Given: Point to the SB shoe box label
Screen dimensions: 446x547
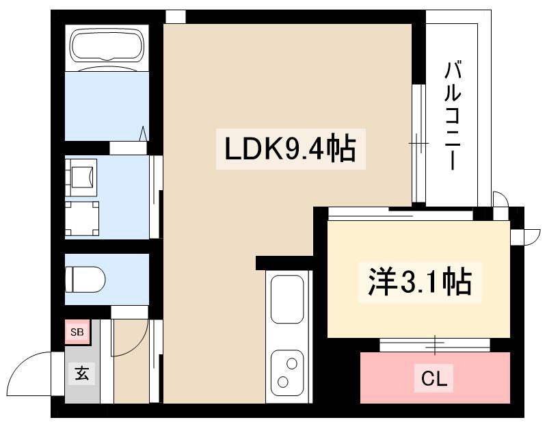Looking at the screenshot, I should click(77, 332).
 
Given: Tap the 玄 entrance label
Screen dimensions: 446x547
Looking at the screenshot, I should click(81, 373).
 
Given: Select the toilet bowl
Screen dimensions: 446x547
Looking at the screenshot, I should click(85, 279).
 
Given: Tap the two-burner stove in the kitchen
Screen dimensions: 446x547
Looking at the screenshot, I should click(287, 373).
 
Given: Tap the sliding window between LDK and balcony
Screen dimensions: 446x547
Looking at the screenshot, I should click(418, 144).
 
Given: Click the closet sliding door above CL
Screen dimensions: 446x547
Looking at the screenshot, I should click(435, 344).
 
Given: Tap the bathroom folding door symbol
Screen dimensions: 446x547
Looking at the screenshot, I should click(144, 133).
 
